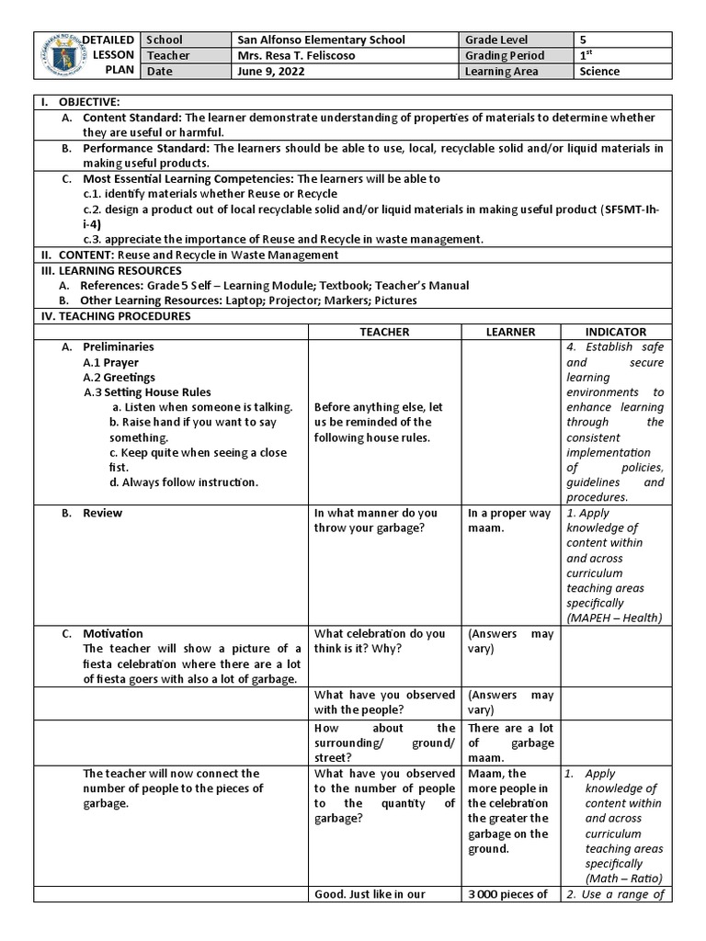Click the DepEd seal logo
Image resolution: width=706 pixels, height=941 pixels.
tap(56, 56)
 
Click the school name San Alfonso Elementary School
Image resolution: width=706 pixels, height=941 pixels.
tap(321, 40)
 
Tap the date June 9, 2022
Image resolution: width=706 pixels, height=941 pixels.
tap(268, 71)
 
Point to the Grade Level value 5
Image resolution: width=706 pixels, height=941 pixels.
tap(583, 40)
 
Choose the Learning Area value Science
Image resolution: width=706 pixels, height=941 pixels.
tap(599, 71)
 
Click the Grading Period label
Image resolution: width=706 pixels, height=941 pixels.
tap(505, 55)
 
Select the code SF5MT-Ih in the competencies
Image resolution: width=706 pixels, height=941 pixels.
tap(629, 210)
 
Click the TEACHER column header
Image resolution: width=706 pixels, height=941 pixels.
tap(384, 332)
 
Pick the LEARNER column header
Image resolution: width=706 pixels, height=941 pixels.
tap(509, 332)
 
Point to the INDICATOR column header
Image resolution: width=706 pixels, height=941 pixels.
tap(615, 332)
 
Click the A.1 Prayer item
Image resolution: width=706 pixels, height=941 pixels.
tap(110, 362)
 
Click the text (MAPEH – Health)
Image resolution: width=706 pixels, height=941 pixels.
tap(614, 618)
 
